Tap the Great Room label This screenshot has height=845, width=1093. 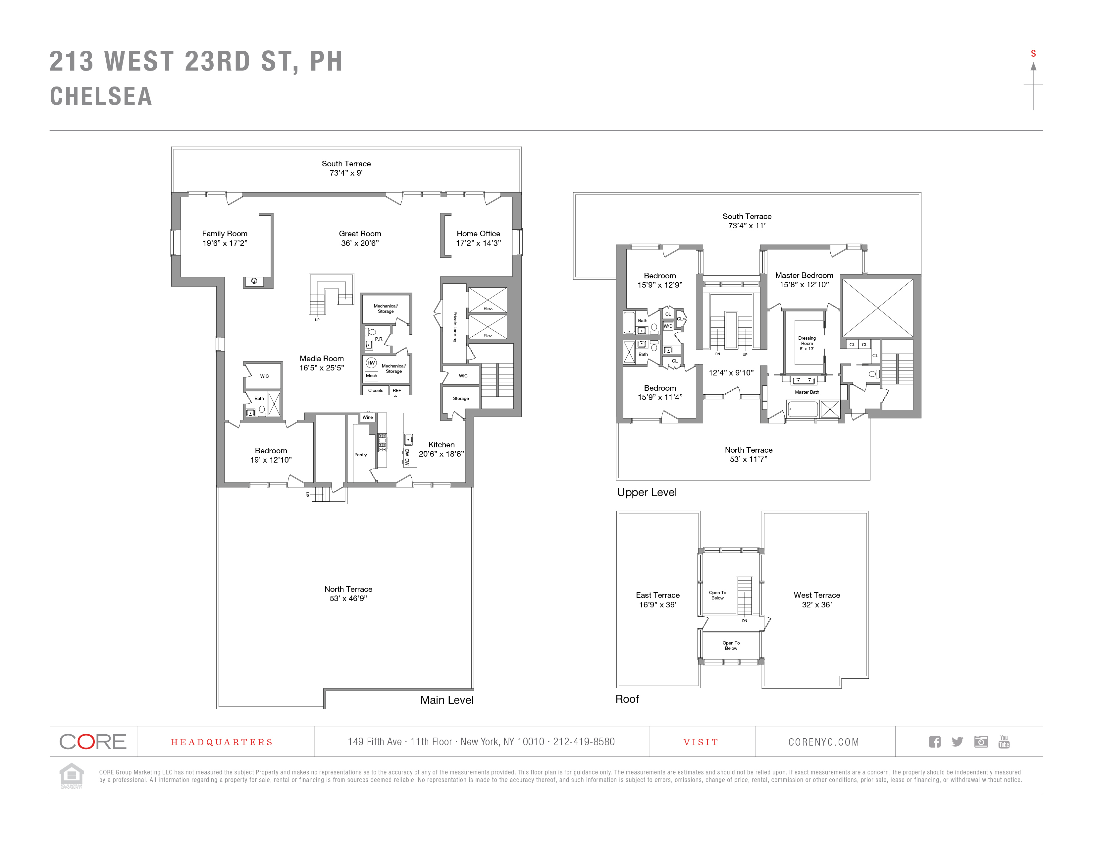click(360, 234)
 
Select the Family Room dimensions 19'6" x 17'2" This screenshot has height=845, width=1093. click(225, 243)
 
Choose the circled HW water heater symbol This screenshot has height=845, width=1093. click(371, 363)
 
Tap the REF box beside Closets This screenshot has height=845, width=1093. click(397, 390)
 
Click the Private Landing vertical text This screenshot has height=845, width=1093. click(455, 327)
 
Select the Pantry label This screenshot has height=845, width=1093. click(360, 455)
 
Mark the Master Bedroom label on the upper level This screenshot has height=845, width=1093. click(804, 275)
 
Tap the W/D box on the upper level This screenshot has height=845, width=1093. click(668, 326)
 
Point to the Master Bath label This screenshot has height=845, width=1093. click(807, 392)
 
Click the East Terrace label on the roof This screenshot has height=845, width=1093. click(657, 595)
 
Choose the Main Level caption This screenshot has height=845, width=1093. click(446, 700)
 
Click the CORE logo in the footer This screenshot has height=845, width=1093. click(93, 741)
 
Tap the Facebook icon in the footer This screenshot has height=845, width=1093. click(934, 741)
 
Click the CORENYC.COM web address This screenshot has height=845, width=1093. click(823, 742)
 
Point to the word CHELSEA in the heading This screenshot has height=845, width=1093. click(101, 96)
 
